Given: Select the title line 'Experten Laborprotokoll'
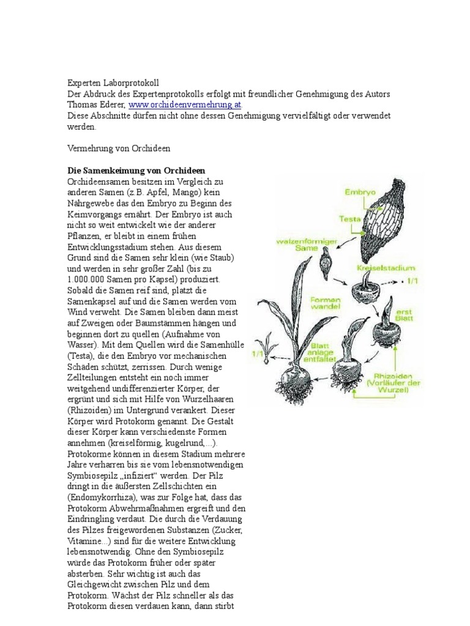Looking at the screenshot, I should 113,81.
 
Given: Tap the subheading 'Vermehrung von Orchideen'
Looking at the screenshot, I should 117,148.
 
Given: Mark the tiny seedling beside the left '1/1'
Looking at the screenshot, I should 267,342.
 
